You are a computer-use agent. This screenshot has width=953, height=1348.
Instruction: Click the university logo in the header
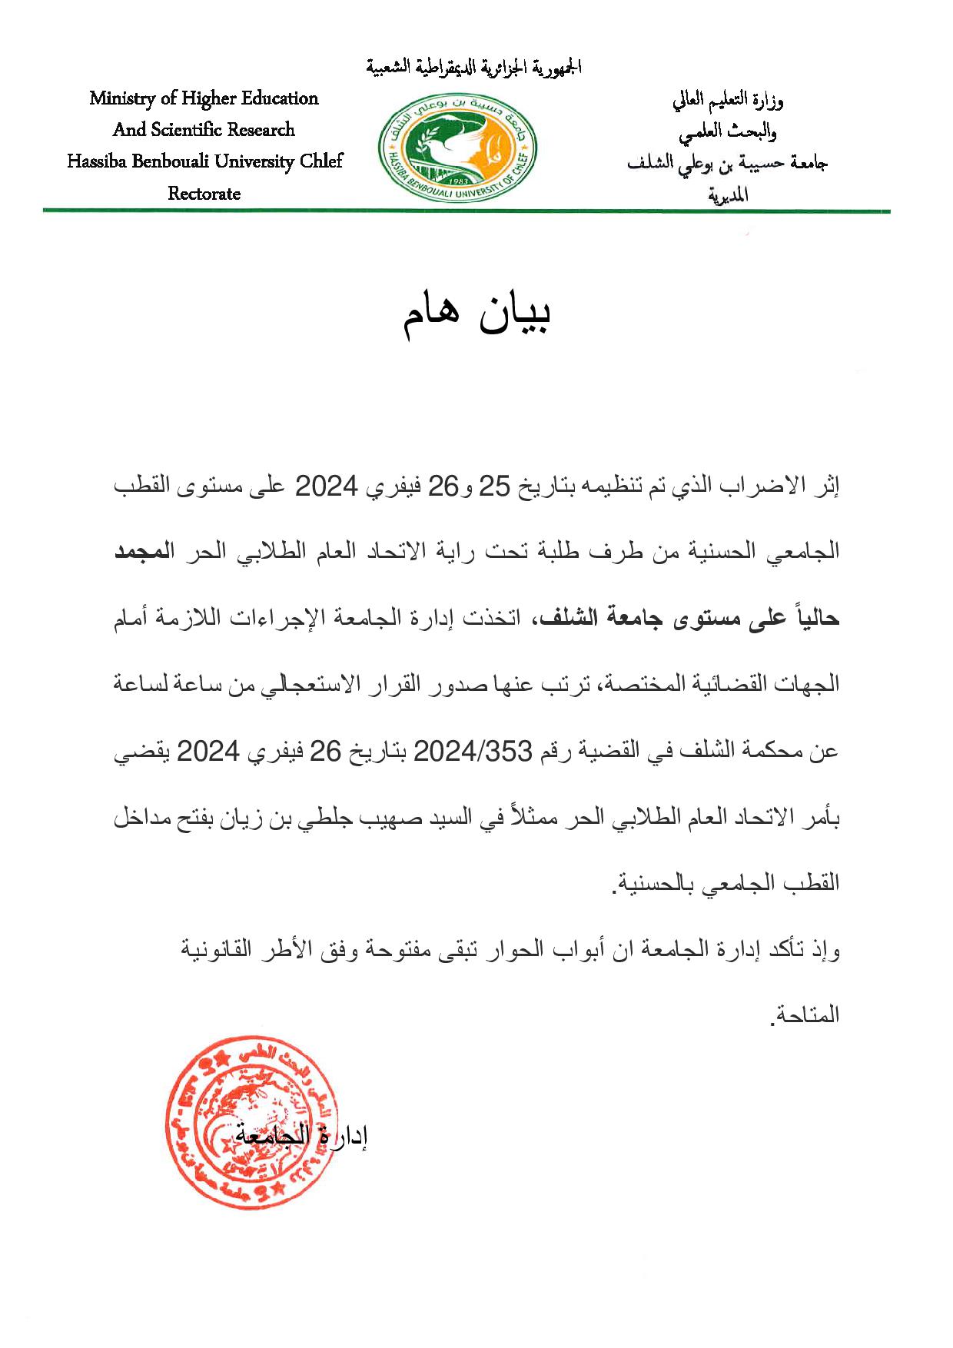pyautogui.click(x=458, y=147)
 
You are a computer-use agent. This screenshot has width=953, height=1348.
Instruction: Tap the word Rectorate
pyautogui.click(x=204, y=194)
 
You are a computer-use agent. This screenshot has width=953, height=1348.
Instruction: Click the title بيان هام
pyautogui.click(x=476, y=314)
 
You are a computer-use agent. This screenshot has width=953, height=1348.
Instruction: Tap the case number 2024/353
pyautogui.click(x=472, y=751)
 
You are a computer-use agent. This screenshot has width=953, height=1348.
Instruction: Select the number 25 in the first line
pyautogui.click(x=495, y=486)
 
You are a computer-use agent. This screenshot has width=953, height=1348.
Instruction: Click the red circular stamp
pyautogui.click(x=250, y=1122)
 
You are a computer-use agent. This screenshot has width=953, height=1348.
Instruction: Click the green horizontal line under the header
pyautogui.click(x=466, y=210)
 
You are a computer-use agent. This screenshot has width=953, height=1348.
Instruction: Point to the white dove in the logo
pyautogui.click(x=440, y=146)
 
